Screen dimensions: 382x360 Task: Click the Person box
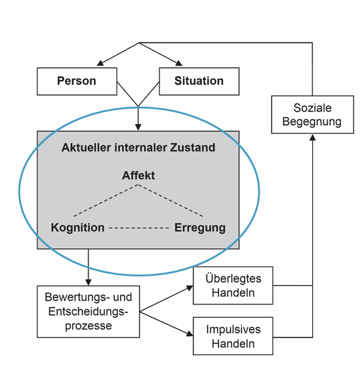[x=77, y=82]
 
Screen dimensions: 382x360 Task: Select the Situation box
[x=199, y=82]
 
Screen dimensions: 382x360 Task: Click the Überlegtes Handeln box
[x=233, y=286]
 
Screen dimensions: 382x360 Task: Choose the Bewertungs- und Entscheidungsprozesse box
[x=89, y=311]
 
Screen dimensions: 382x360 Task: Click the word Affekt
[x=138, y=176]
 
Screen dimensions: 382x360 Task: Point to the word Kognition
[x=77, y=228]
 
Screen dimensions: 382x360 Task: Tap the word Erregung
[x=200, y=228]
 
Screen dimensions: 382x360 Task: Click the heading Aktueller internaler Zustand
[x=138, y=147]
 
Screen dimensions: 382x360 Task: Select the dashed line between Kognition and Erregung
[x=139, y=228]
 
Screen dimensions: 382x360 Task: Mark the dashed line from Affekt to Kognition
[x=105, y=201]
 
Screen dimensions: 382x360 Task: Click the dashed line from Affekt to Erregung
[x=171, y=201]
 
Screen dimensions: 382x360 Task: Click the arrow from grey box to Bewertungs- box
[x=89, y=266]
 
